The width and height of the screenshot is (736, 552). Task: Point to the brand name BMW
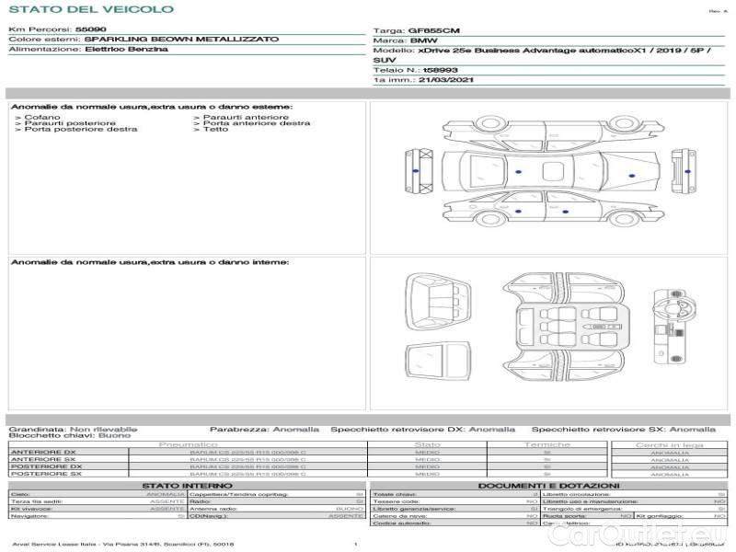click(x=423, y=41)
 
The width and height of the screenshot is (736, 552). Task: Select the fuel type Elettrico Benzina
click(x=126, y=49)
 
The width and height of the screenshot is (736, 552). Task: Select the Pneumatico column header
click(x=188, y=444)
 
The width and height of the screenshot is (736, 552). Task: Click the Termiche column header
click(x=547, y=444)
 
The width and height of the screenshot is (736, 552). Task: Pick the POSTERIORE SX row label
click(x=45, y=474)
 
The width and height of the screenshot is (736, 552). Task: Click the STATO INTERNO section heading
click(x=187, y=486)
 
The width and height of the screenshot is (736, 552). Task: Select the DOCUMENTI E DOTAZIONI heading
click(x=548, y=486)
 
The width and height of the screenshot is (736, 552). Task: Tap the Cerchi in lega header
click(x=669, y=444)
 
